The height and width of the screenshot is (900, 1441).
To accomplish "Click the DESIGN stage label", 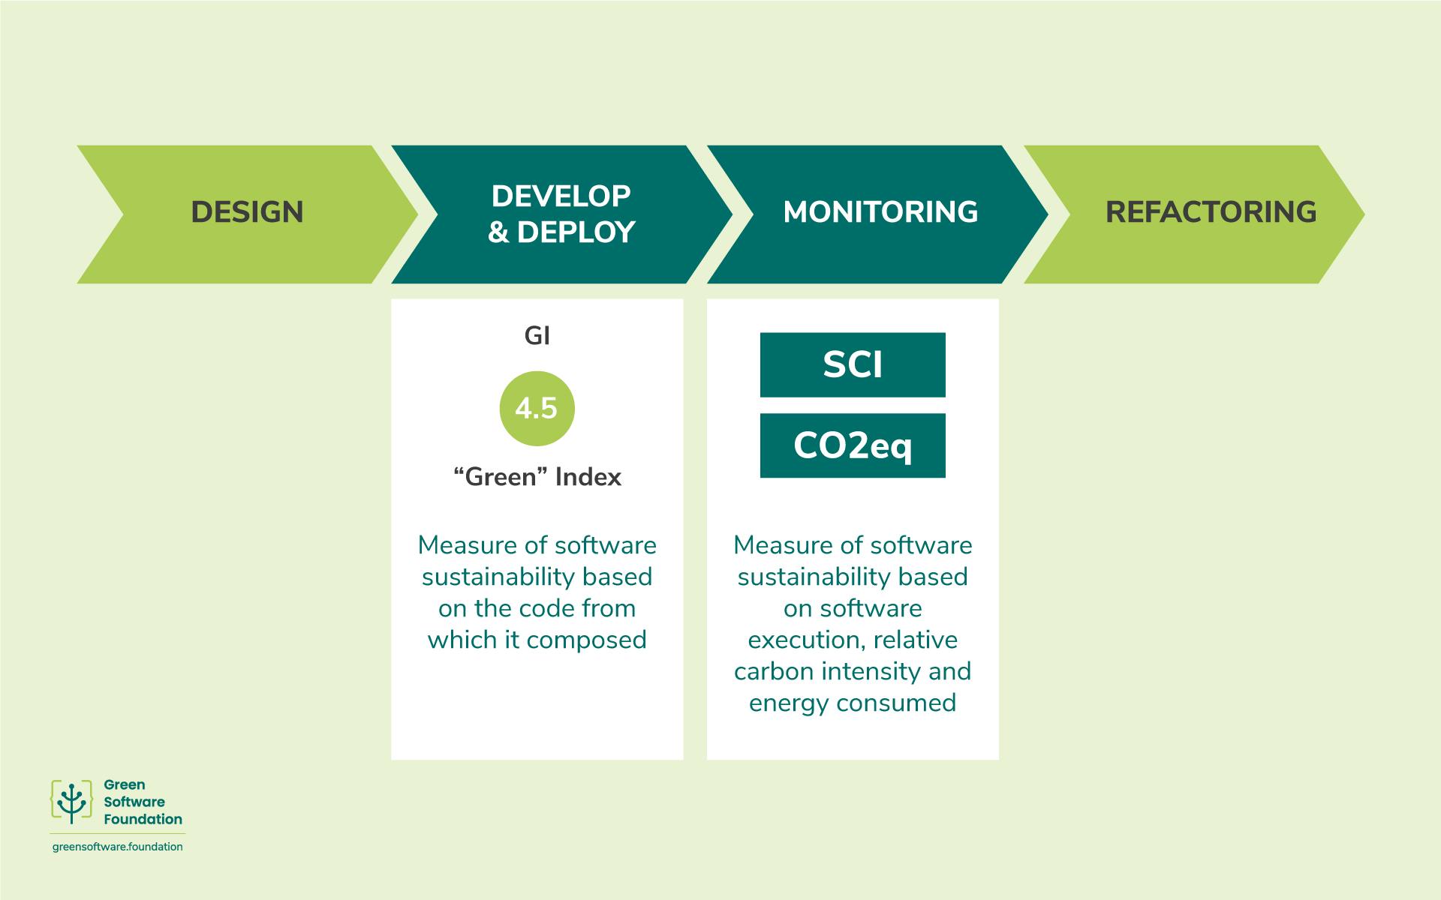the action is tap(247, 212).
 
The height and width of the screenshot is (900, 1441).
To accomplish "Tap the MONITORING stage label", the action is tap(880, 212).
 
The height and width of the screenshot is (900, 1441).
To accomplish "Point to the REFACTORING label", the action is tap(1211, 212).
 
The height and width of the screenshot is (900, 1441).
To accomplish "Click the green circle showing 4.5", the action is tap(537, 409).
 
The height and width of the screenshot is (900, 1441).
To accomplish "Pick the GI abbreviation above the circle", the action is tap(537, 337).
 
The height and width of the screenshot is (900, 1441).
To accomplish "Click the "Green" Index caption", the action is tap(537, 477).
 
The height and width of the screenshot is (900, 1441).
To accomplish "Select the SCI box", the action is tap(853, 365).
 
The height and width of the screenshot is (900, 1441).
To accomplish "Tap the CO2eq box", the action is tap(853, 445).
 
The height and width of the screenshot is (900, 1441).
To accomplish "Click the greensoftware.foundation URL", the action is tap(118, 847).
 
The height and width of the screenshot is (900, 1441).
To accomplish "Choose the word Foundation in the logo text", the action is tap(143, 819).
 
